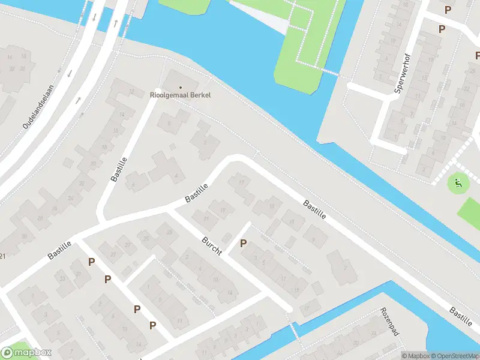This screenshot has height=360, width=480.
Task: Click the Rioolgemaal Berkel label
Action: pos(180,95)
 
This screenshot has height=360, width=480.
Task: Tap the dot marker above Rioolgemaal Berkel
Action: pos(180,88)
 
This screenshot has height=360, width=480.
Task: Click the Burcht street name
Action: pos(212,245)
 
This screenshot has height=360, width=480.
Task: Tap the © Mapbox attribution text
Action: pos(415,356)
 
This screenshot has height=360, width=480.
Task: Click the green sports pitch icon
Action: pos(459,184)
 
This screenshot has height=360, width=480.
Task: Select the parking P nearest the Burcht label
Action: pos(243,243)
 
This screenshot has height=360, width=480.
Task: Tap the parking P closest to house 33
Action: pos(91,262)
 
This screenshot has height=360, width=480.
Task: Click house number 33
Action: pos(61,278)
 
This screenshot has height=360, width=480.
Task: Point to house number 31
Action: pos(79,274)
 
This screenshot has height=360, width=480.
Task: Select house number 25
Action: pos(146,239)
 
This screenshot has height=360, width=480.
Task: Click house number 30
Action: pos(24,236)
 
